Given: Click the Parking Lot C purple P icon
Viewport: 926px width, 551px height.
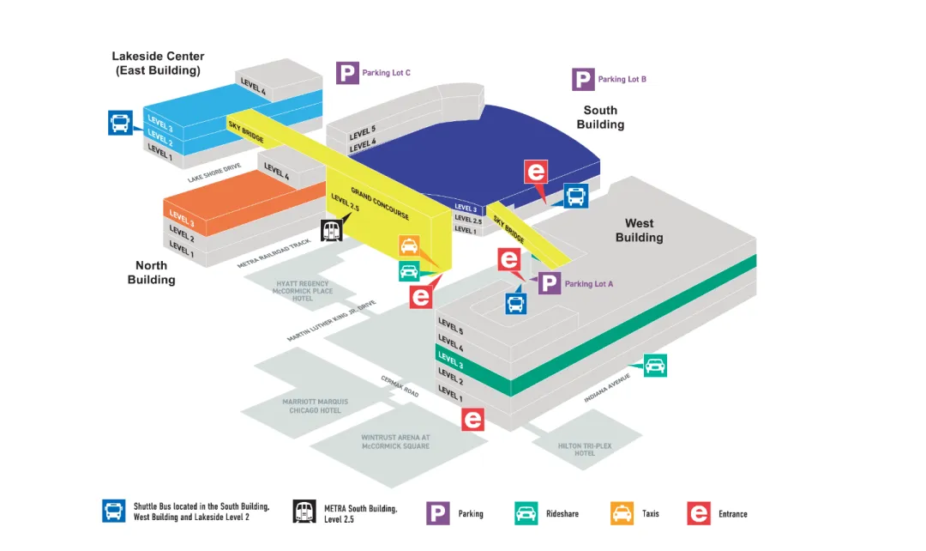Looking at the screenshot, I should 347,73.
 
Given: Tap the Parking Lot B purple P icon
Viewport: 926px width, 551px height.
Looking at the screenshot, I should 584,80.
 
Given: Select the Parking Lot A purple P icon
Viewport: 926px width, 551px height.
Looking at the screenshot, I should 550,283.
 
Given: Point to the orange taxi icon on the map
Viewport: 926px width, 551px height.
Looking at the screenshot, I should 409,246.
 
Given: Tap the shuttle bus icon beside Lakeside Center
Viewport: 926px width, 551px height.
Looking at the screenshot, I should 120,123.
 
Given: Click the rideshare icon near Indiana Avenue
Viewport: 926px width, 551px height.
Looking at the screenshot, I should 655,366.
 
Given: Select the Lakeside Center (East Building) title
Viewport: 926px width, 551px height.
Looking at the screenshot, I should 159,64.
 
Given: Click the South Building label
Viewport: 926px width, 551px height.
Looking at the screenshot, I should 600,117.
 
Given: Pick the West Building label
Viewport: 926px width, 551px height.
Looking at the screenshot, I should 639,230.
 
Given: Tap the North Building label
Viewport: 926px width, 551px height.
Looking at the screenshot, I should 152,273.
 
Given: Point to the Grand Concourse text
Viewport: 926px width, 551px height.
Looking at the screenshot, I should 380,203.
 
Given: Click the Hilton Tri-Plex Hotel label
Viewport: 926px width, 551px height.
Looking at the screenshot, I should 585,449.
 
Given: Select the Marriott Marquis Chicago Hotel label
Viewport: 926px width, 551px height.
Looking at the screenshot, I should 312,406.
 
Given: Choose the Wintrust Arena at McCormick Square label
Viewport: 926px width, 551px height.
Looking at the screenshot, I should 395,442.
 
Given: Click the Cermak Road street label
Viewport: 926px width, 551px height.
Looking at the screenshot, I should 400,386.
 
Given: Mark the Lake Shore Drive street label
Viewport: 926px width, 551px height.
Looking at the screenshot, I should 214,173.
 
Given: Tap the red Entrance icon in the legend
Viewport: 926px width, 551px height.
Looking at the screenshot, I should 699,513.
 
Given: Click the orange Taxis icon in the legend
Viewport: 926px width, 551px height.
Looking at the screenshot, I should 622,513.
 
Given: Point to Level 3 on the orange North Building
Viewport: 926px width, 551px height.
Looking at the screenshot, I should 182,218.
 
